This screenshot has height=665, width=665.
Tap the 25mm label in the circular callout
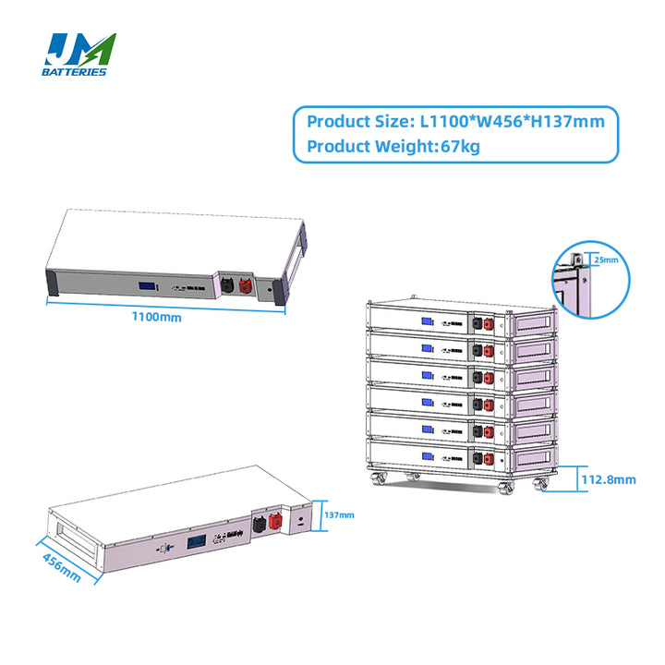(598, 260)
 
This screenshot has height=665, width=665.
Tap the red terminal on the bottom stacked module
(489, 457)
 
